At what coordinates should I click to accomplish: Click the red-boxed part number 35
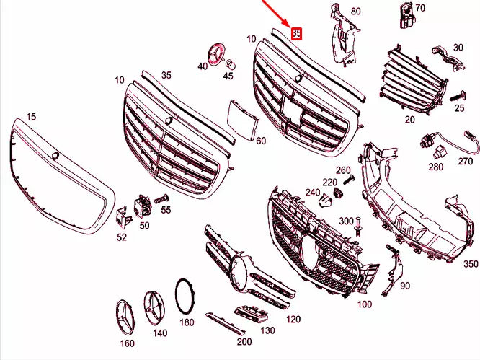296,32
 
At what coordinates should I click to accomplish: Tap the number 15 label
30,116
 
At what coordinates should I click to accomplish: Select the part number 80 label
355,12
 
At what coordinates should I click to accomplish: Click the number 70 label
420,8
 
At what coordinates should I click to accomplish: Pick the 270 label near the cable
466,162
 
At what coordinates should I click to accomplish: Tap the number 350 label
470,264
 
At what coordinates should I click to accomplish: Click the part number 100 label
365,304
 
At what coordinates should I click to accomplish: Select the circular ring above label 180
186,296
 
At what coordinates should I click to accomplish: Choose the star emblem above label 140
156,307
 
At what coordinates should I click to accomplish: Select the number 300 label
346,220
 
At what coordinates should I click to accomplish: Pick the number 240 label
311,193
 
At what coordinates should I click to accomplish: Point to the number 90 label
404,286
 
